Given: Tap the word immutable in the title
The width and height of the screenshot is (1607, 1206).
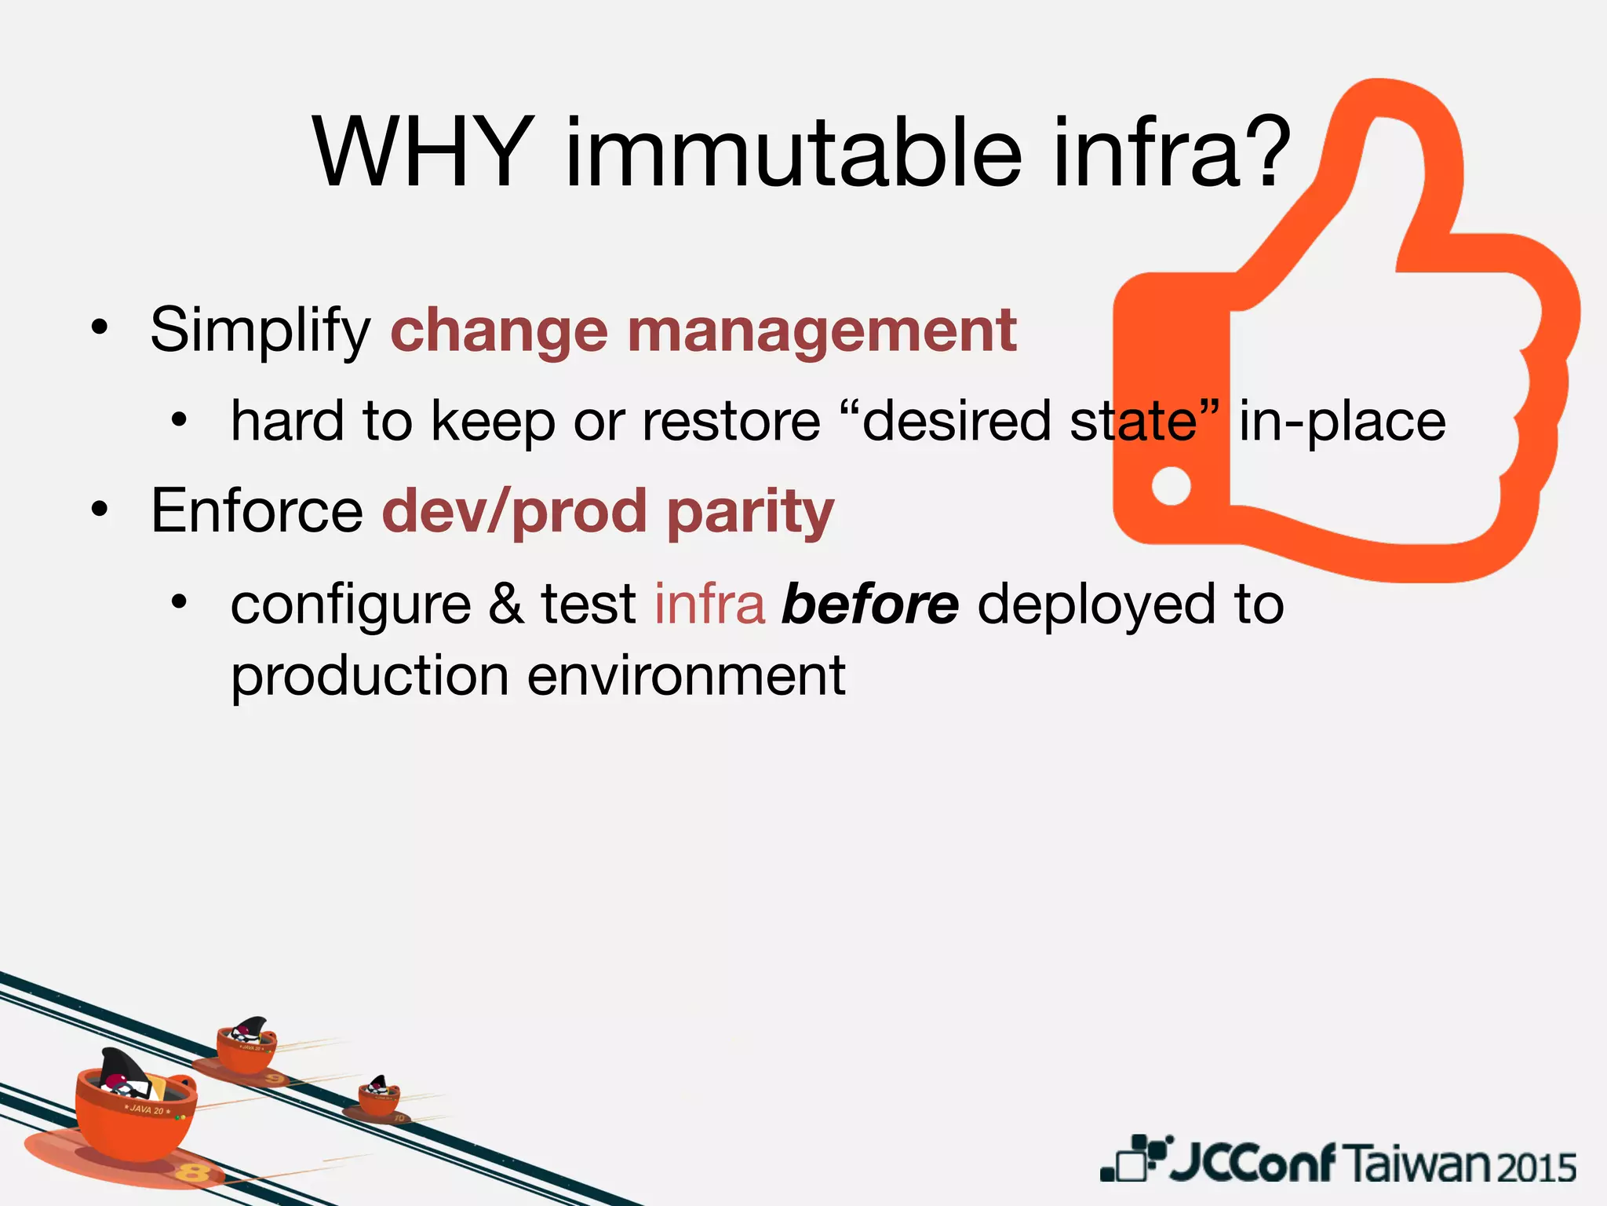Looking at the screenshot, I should pyautogui.click(x=793, y=153).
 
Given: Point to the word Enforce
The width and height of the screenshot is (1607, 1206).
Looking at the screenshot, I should pyautogui.click(x=257, y=512).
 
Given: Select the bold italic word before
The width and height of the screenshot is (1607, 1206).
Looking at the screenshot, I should pyautogui.click(x=869, y=605).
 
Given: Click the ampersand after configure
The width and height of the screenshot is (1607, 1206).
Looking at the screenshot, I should pyautogui.click(x=506, y=605).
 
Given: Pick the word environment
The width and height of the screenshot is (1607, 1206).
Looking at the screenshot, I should pyautogui.click(x=686, y=677).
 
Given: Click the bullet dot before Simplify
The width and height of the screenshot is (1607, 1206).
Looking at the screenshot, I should pyautogui.click(x=98, y=328).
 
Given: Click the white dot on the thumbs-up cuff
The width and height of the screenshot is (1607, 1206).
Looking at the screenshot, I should pyautogui.click(x=1171, y=486).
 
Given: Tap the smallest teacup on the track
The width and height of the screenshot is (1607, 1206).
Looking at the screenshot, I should pyautogui.click(x=379, y=1097).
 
